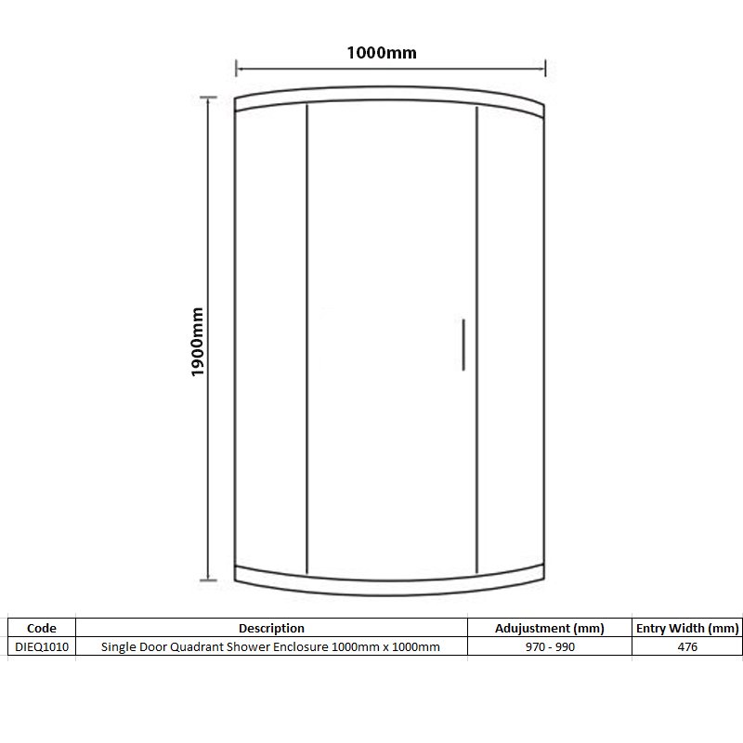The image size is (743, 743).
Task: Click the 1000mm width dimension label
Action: tap(382, 53)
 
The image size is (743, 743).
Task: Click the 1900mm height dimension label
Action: tap(196, 342)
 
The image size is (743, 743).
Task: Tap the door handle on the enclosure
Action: tap(462, 345)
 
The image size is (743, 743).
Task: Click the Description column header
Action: tap(271, 629)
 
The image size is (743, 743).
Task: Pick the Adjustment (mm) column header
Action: tap(550, 629)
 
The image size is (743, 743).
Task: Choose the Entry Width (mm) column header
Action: tap(687, 629)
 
